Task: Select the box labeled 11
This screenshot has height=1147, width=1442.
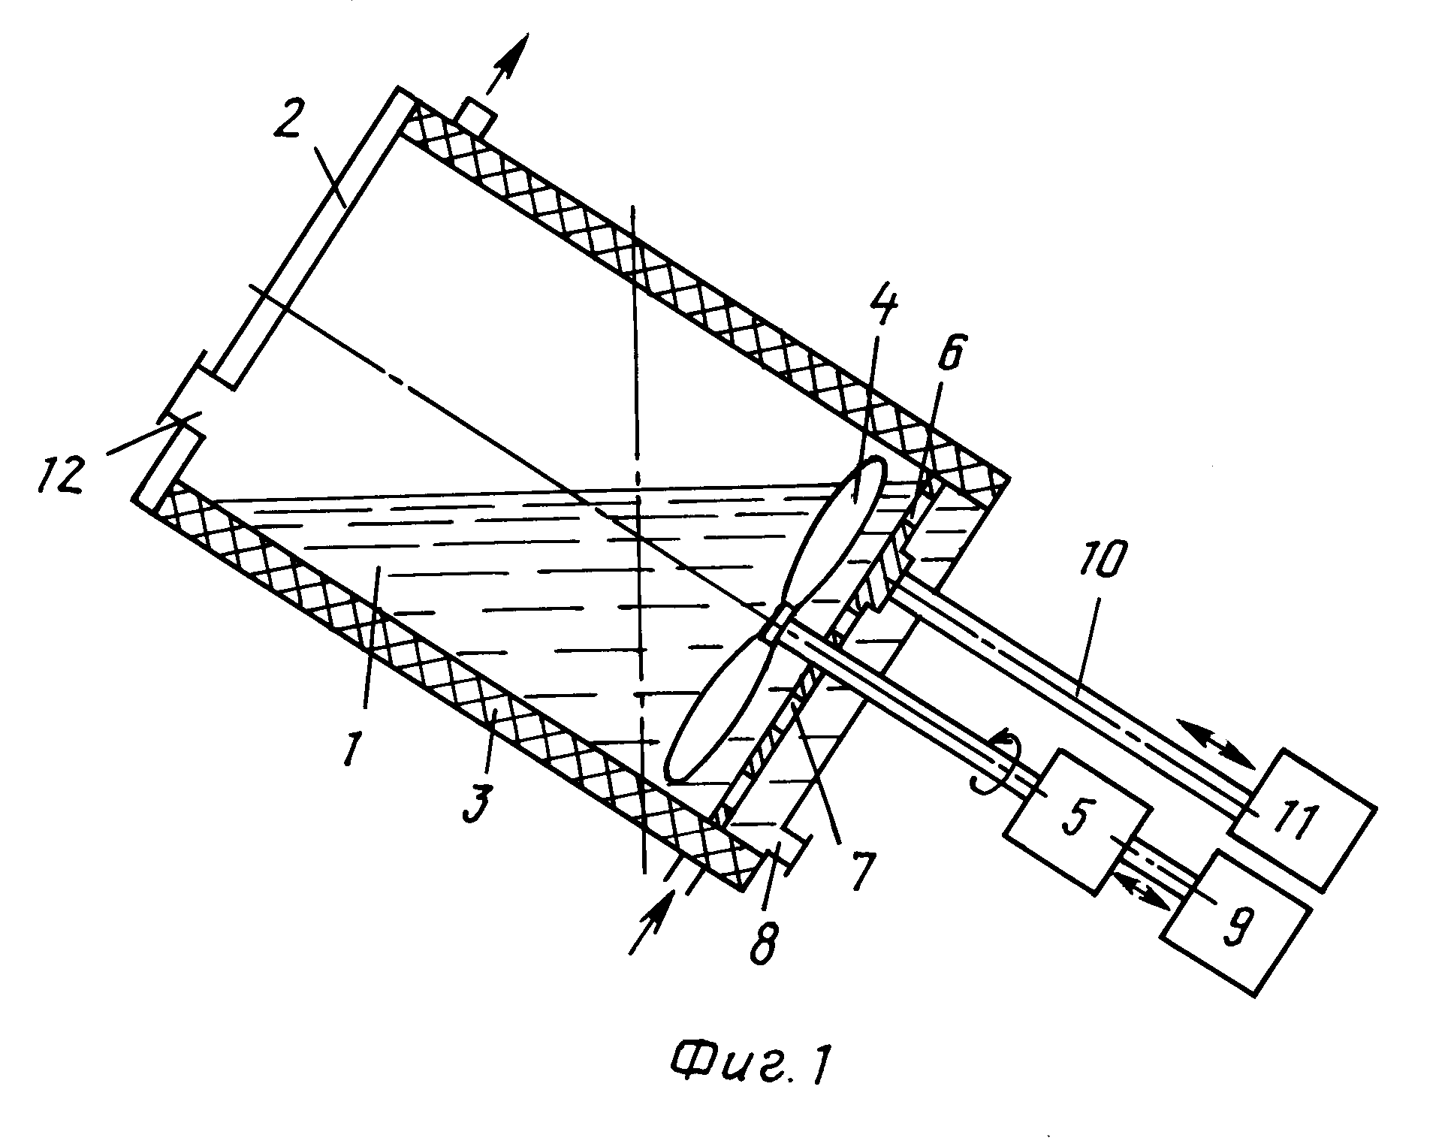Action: tap(1302, 818)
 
